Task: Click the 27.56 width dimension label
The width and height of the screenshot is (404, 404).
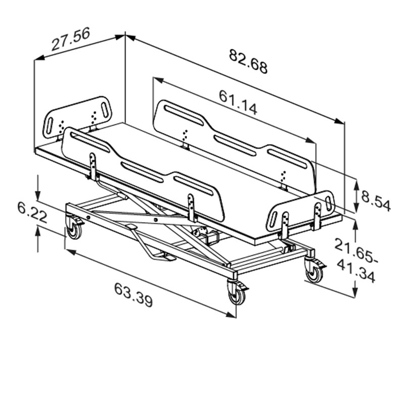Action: click(x=71, y=39)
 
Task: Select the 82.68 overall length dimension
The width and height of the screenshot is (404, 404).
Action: click(x=248, y=61)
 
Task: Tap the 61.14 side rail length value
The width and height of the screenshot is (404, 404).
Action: click(x=238, y=103)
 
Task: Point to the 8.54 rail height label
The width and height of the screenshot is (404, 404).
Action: click(x=376, y=200)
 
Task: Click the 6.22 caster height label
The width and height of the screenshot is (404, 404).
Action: click(x=32, y=212)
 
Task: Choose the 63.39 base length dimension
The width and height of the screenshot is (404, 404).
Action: click(x=133, y=295)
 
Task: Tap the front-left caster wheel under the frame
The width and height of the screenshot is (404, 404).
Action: click(x=74, y=228)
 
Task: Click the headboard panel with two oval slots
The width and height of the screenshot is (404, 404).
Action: click(x=77, y=117)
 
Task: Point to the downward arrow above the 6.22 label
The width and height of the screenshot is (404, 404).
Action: click(x=38, y=187)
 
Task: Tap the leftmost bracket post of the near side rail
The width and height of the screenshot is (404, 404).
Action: click(x=93, y=166)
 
